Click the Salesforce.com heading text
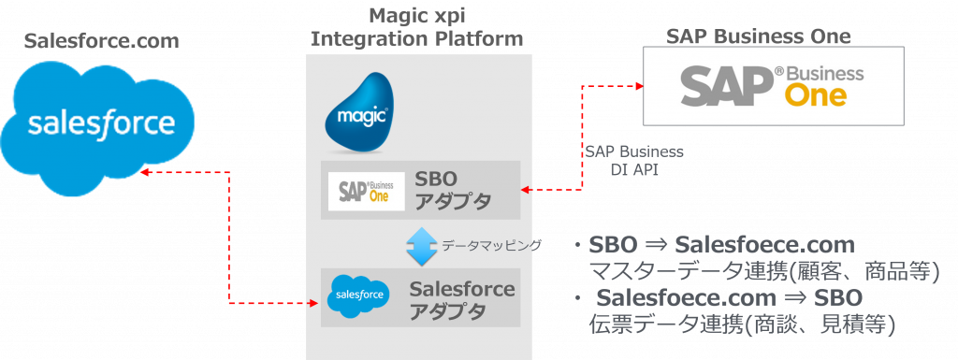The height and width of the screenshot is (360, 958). coord(101,41)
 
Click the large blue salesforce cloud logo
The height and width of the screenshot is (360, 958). coord(101,123)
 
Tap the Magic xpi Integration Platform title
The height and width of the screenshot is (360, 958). coord(416,28)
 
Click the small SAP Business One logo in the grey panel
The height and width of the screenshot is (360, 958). coord(366,190)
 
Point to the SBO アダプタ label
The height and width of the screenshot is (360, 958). coord(452,190)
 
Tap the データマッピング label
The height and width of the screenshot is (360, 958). coord(490,246)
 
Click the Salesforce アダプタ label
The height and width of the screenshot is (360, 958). coord(462,300)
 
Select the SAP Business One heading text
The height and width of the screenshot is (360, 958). coord(759,37)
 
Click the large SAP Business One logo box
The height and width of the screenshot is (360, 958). coord(773,86)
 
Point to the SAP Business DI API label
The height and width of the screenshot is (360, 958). coord(634,159)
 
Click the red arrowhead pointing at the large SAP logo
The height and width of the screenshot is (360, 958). coord(639,86)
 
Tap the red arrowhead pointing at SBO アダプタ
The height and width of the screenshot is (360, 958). coord(527,191)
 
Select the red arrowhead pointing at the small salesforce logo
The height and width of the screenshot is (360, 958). coord(313,303)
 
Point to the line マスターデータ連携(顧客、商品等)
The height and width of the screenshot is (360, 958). coord(762,272)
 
